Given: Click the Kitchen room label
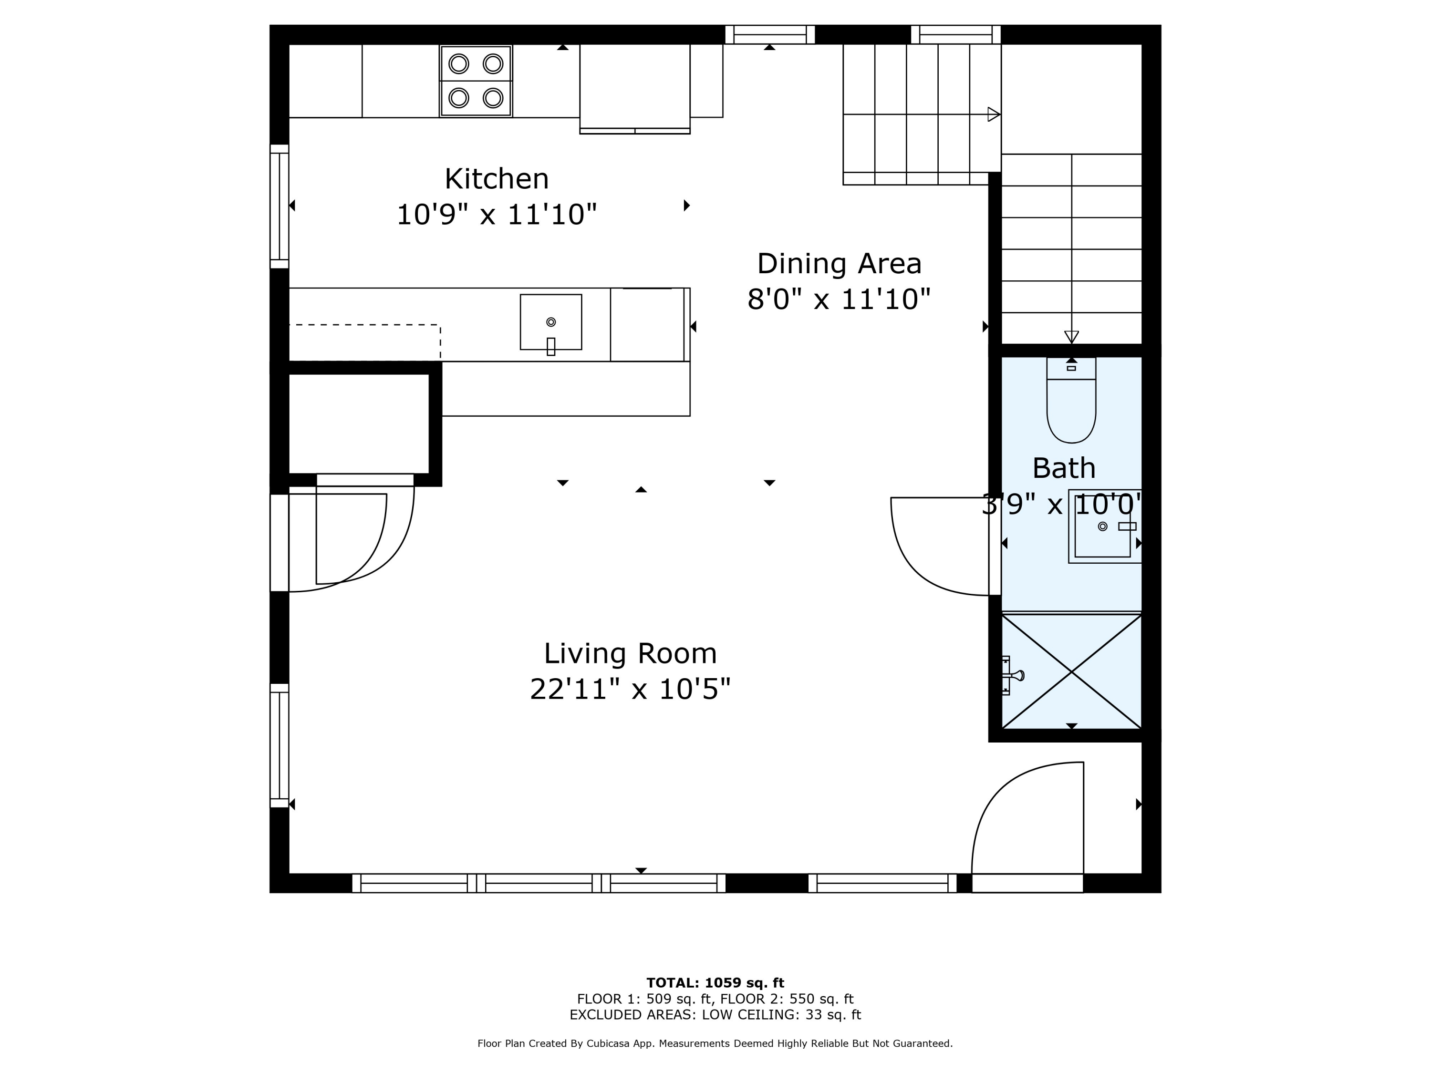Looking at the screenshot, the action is click(x=497, y=178).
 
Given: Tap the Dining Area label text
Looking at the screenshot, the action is click(x=839, y=264).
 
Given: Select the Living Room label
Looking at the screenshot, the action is click(x=630, y=653).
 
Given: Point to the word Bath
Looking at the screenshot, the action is click(x=1064, y=468).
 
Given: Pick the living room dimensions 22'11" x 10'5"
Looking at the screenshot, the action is click(x=630, y=689).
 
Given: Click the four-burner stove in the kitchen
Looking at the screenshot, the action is click(x=476, y=81).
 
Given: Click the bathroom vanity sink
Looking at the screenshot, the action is click(x=1104, y=526).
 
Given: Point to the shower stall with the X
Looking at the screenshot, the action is click(x=1071, y=671).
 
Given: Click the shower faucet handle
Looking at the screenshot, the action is click(x=1013, y=676).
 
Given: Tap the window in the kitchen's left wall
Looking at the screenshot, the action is click(x=279, y=206).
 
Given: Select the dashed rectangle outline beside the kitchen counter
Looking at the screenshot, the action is click(x=365, y=341).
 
